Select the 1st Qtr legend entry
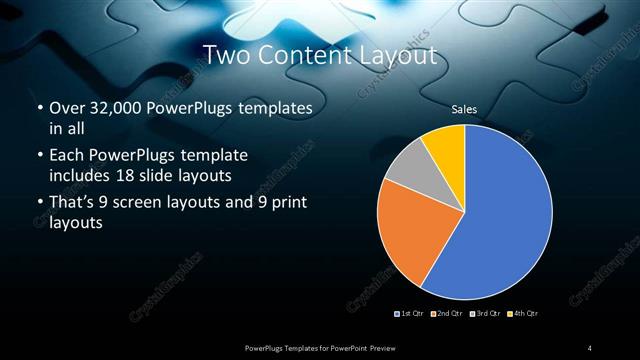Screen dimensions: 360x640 [412, 314]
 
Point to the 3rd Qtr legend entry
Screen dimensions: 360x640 [484, 314]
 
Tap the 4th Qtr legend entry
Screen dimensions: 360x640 [522, 314]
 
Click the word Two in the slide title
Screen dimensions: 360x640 [227, 55]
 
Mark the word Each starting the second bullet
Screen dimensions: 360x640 [66, 156]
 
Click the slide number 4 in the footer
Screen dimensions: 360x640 [590, 347]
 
